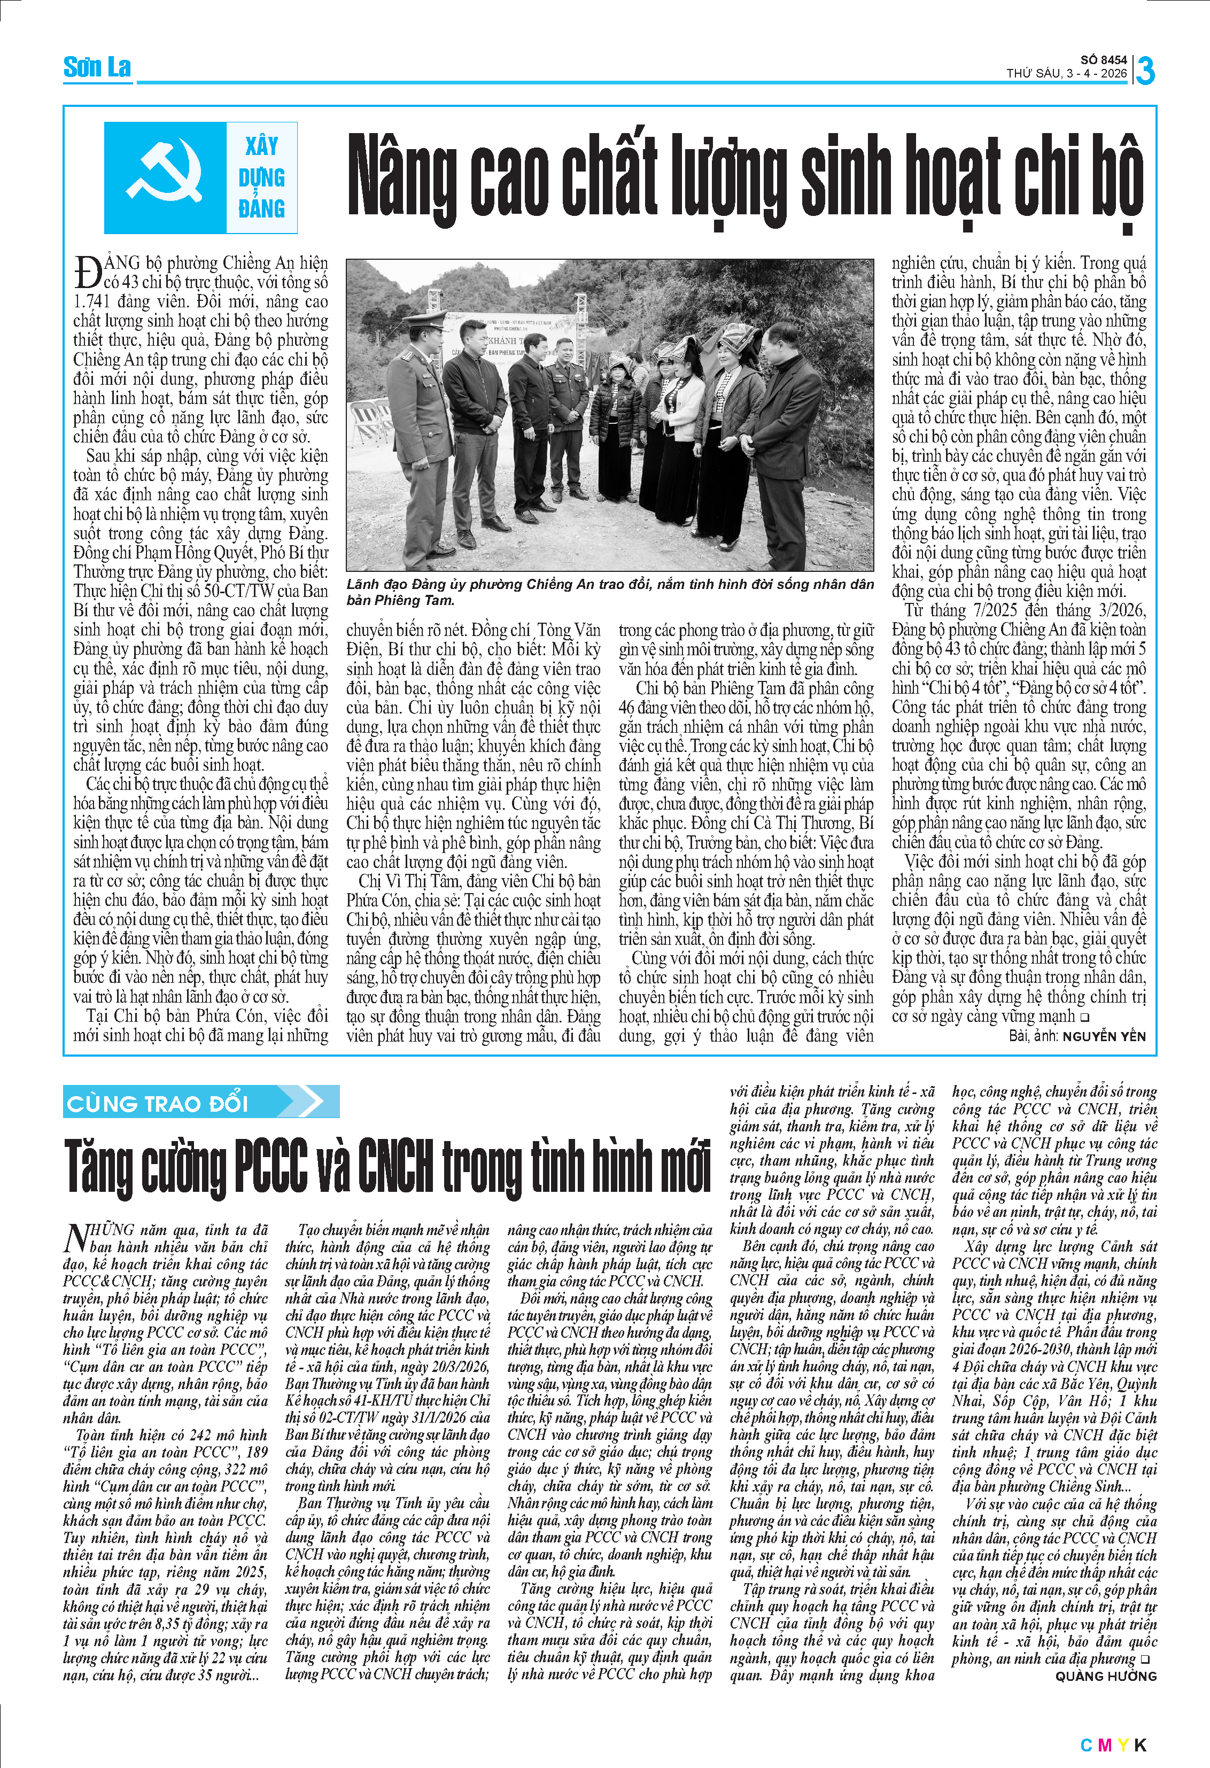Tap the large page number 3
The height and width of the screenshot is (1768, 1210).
click(1145, 71)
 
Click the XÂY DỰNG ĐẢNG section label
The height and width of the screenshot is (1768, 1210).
click(262, 177)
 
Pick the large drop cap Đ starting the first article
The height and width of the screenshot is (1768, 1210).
click(88, 273)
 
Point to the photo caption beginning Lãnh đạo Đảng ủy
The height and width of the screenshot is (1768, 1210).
click(608, 591)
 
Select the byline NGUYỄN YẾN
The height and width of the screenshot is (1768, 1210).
click(1104, 1036)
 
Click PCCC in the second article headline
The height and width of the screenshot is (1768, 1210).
click(272, 1166)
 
